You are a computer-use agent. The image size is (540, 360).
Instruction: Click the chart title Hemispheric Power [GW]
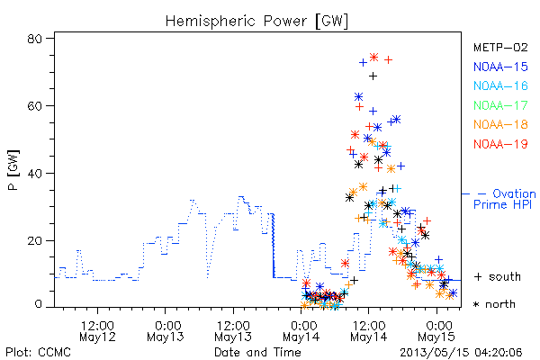pyautogui.click(x=256, y=22)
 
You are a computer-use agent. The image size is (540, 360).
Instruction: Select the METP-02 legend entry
pyautogui.click(x=500, y=48)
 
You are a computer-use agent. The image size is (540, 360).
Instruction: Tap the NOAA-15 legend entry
pyautogui.click(x=500, y=67)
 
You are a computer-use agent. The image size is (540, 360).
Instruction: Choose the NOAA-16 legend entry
pyautogui.click(x=500, y=85)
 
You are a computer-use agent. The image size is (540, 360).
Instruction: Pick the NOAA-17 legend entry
pyautogui.click(x=500, y=105)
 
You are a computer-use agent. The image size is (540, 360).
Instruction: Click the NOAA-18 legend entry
pyautogui.click(x=500, y=124)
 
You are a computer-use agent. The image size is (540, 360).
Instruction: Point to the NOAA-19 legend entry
pyautogui.click(x=500, y=144)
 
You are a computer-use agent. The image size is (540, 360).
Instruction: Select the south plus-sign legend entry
pyautogui.click(x=498, y=276)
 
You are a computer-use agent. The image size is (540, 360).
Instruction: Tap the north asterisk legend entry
pyautogui.click(x=494, y=304)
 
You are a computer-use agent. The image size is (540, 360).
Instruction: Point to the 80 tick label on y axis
pyautogui.click(x=34, y=39)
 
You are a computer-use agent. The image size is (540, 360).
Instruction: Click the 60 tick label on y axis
pyautogui.click(x=34, y=106)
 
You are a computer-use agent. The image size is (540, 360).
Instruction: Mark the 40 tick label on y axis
pyautogui.click(x=34, y=173)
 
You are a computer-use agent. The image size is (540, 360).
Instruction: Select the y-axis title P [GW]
pyautogui.click(x=13, y=170)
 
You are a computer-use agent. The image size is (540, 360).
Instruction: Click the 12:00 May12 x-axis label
pyautogui.click(x=97, y=331)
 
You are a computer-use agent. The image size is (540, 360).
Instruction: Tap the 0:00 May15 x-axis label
pyautogui.click(x=436, y=331)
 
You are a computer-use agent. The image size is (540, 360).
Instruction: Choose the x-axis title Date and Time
pyautogui.click(x=257, y=353)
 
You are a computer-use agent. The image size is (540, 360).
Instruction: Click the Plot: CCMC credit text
pyautogui.click(x=38, y=353)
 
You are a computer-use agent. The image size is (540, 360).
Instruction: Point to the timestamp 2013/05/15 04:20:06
pyautogui.click(x=461, y=353)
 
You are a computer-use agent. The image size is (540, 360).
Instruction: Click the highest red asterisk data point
pyautogui.click(x=374, y=57)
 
